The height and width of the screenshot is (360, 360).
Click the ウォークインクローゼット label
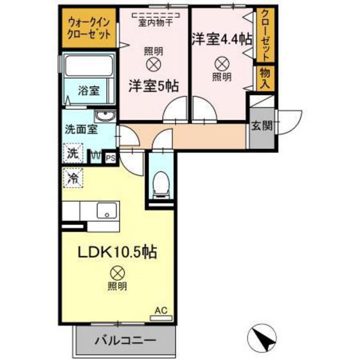pyautogui.click(x=89, y=28)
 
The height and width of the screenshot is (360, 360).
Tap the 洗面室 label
pyautogui.click(x=80, y=129)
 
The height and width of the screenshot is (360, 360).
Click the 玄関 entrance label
pyautogui.click(x=261, y=125)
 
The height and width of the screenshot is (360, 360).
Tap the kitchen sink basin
pyautogui.click(x=105, y=210)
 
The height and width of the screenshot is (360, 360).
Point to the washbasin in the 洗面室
pyautogui.click(x=105, y=116)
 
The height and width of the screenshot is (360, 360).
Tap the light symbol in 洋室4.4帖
pyautogui.click(x=221, y=63)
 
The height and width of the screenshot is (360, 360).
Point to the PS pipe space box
pyautogui.click(x=110, y=156)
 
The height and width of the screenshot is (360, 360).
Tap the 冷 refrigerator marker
pyautogui.click(x=73, y=177)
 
